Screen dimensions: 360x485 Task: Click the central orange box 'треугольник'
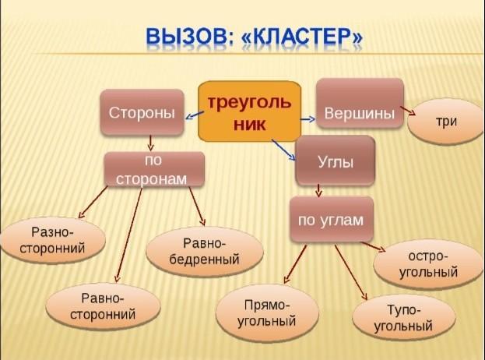[247, 111]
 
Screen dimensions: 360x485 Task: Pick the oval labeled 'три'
[445, 121]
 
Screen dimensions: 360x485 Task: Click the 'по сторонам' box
[153, 170]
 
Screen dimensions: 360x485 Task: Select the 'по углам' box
[331, 220]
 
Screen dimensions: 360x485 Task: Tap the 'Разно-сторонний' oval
[53, 241]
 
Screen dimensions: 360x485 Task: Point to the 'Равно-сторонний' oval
[104, 306]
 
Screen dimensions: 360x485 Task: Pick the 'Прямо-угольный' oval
[266, 312]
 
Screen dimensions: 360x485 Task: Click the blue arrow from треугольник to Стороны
[192, 116]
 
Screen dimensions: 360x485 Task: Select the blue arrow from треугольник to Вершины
[305, 118]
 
